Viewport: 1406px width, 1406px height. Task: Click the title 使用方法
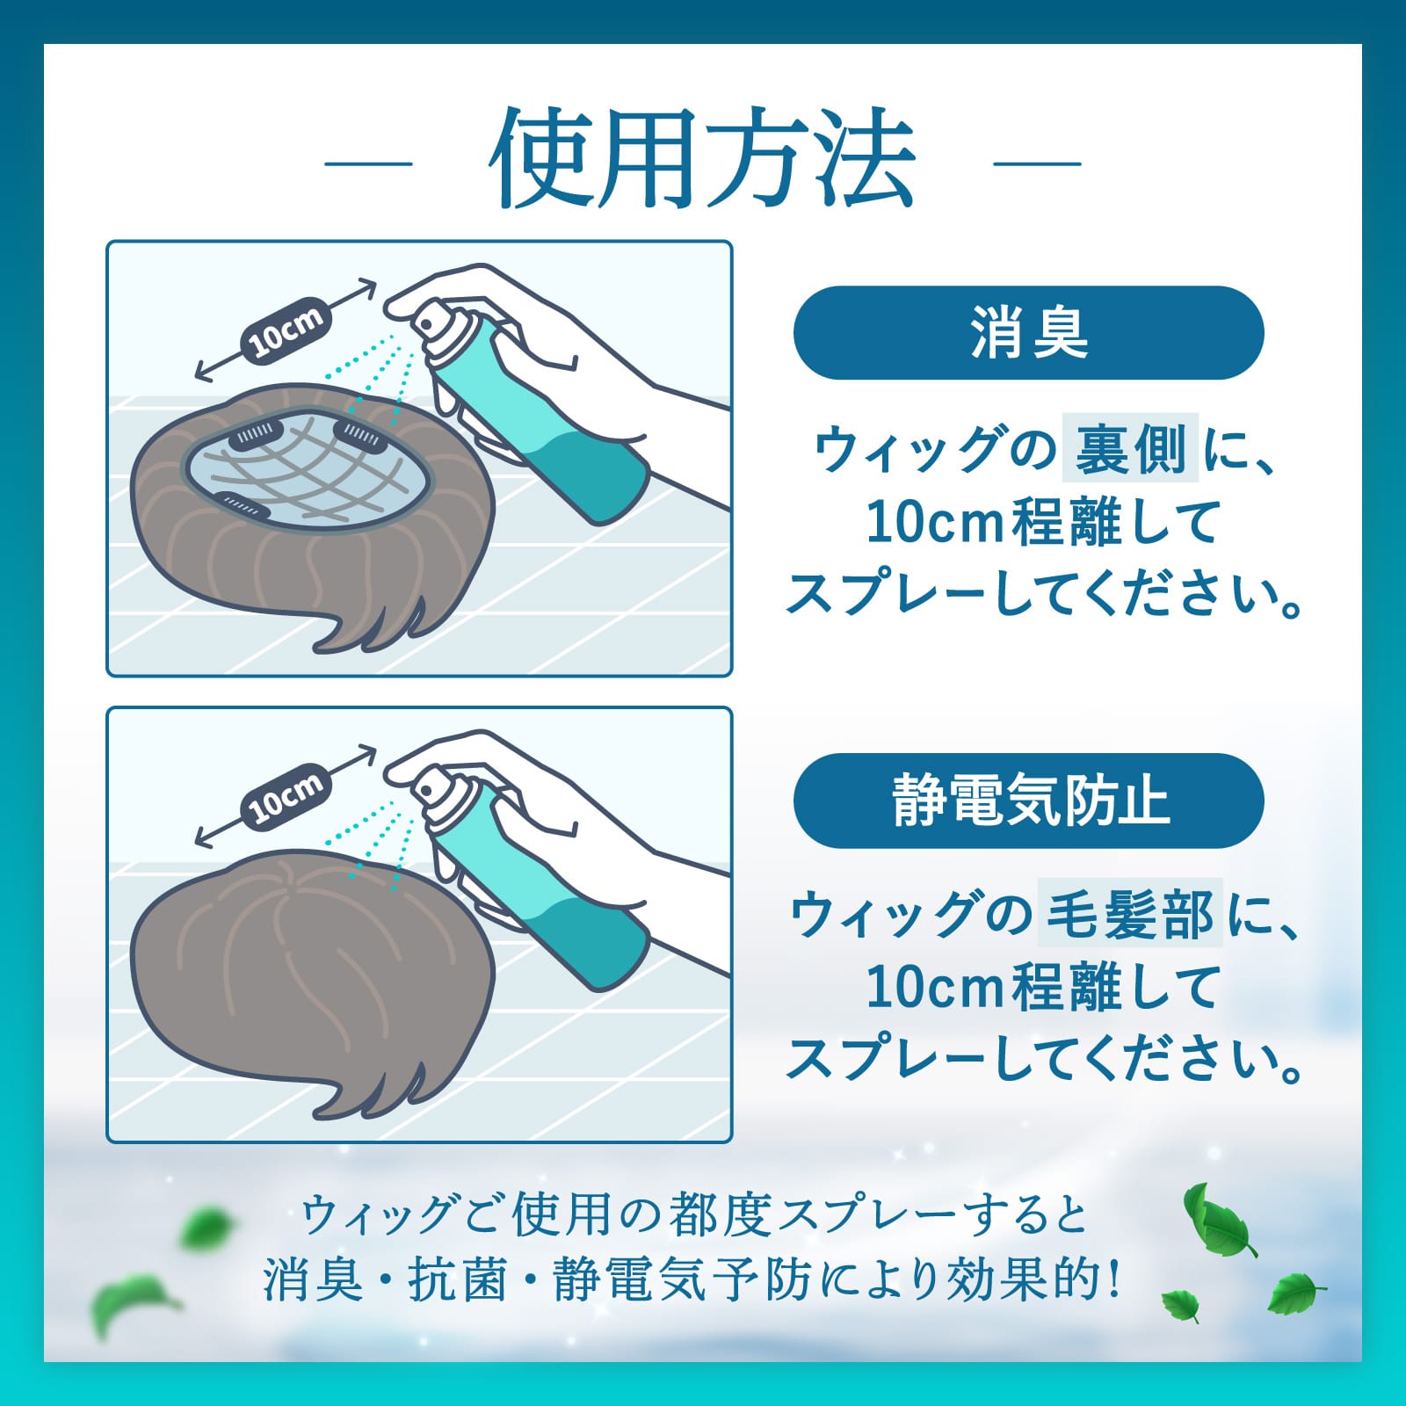tap(703, 161)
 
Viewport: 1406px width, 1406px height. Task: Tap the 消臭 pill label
tap(1028, 333)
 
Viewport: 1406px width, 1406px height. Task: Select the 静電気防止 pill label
tap(1028, 800)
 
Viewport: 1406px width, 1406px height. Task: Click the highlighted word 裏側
tap(1130, 448)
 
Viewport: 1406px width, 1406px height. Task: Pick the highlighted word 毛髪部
tap(1130, 914)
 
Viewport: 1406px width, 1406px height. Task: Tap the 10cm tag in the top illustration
tap(286, 331)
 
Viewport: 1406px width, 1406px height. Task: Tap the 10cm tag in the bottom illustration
tap(286, 798)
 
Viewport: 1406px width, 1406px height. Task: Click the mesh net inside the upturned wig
tap(308, 475)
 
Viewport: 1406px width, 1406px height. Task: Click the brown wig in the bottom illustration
tap(308, 949)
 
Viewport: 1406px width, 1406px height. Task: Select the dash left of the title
tap(368, 163)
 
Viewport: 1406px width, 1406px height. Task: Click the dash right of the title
tap(1037, 163)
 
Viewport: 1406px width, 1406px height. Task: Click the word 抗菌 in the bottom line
tap(457, 1279)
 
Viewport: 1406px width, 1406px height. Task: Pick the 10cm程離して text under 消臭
tap(1041, 523)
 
